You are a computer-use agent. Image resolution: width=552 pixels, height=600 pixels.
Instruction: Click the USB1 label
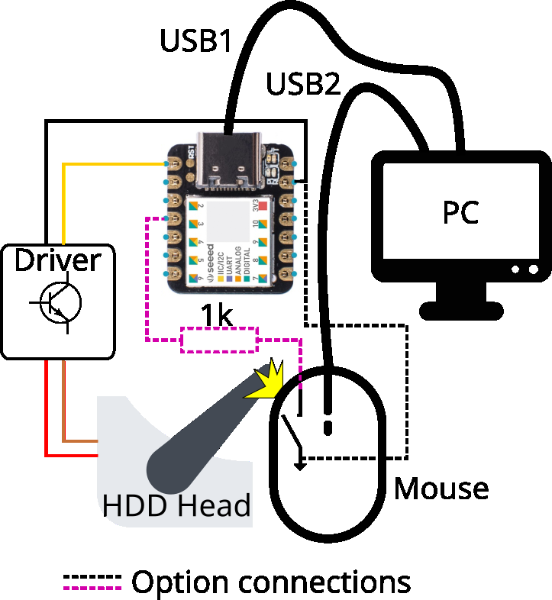pos(195,41)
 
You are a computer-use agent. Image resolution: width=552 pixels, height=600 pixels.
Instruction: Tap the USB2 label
pos(303,84)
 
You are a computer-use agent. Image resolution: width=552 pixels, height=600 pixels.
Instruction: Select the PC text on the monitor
pos(460,211)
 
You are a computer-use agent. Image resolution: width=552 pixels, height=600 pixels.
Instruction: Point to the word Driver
pos(57,260)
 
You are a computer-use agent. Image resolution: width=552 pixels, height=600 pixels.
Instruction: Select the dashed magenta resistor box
pos(219,340)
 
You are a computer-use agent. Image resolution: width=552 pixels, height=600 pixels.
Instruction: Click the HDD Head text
pos(176,505)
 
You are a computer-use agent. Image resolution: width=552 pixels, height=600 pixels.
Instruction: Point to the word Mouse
pos(441,488)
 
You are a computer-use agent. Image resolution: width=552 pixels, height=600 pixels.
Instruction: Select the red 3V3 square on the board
pos(262,205)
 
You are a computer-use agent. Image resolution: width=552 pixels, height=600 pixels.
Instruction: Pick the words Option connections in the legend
pos(271,582)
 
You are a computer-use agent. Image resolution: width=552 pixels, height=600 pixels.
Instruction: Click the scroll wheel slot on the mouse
pos(328,426)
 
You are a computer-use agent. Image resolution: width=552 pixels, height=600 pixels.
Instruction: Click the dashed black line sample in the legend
pos(92,575)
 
